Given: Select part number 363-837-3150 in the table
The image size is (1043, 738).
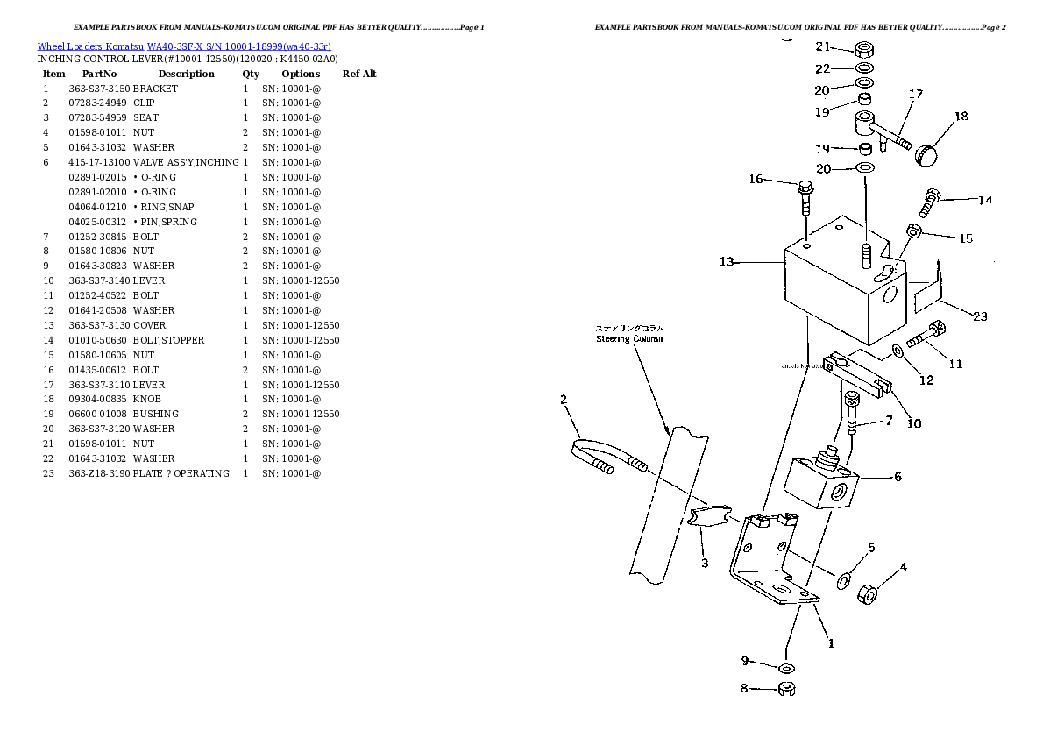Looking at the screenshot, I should [x=98, y=89].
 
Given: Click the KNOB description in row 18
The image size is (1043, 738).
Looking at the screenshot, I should [x=146, y=400].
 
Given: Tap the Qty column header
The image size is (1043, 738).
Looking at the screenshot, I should [x=251, y=74].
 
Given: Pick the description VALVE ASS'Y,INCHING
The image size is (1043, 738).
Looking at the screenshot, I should [x=186, y=162].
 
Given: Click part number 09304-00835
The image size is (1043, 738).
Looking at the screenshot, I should [x=98, y=400].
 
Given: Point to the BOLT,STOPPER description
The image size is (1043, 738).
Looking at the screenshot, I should [x=168, y=340].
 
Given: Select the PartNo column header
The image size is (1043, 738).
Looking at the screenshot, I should [x=99, y=74].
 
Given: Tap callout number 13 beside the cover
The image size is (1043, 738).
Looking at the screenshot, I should [x=727, y=261].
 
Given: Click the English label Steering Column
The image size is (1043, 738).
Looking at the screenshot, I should [x=629, y=338].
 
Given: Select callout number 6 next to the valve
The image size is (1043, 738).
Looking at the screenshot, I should [x=897, y=478].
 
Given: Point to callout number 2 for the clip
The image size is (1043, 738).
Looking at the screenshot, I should [x=564, y=400].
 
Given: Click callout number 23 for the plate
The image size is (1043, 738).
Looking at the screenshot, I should [x=980, y=316].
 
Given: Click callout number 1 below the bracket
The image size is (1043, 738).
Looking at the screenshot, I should [x=830, y=642].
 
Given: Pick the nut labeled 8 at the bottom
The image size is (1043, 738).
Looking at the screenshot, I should [x=786, y=690].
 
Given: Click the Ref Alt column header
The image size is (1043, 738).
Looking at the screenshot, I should [x=359, y=74].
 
